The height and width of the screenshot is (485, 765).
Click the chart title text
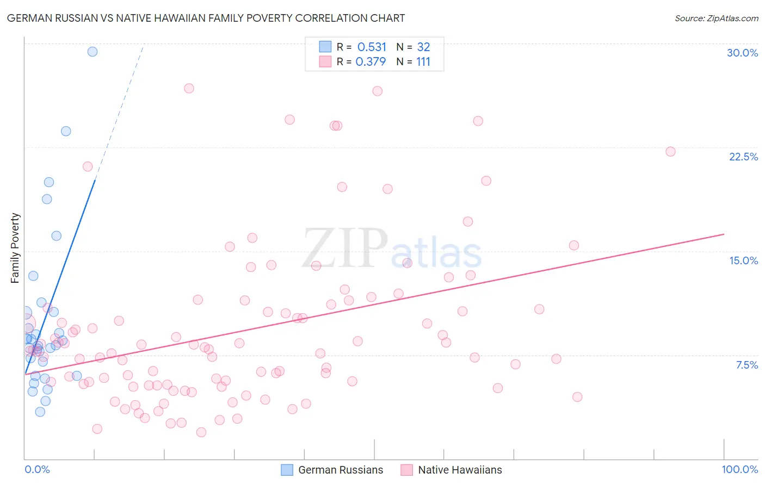click(206, 18)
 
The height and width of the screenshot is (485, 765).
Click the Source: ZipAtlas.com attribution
click(716, 18)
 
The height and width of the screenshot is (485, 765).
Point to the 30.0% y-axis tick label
click(742, 53)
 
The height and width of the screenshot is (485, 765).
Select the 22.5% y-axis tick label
click(743, 157)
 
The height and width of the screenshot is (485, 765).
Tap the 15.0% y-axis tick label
click(743, 260)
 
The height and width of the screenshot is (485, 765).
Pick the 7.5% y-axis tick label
click(747, 365)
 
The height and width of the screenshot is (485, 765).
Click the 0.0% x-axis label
click(37, 469)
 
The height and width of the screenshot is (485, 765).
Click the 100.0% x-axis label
click(739, 469)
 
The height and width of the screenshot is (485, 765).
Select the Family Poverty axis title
click(15, 248)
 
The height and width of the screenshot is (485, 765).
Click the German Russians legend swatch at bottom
click(287, 470)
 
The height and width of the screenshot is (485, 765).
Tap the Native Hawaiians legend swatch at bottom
click(406, 470)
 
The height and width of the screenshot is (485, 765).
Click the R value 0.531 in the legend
click(372, 47)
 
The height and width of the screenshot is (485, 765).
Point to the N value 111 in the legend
click(423, 62)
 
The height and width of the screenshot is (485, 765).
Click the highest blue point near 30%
click(92, 52)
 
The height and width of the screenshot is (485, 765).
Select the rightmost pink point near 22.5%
click(670, 152)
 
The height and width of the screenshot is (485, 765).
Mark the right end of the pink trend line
click(724, 234)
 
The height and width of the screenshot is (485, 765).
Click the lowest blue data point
click(40, 412)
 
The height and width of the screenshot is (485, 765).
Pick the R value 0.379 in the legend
click(371, 62)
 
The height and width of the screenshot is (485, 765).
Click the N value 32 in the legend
click(423, 47)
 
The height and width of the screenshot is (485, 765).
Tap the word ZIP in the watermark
click(344, 248)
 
